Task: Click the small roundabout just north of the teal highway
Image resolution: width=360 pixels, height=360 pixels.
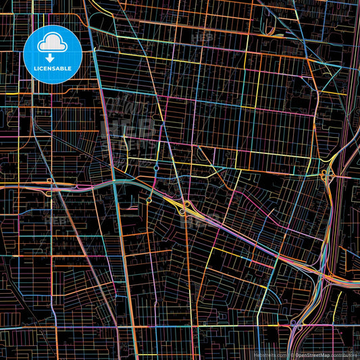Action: tap(156, 168)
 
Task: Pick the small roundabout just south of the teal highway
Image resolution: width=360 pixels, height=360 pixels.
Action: tap(148, 200)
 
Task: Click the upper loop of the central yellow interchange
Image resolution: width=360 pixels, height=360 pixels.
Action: tap(186, 204)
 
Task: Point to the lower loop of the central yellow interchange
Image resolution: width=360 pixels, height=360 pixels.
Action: tap(182, 211)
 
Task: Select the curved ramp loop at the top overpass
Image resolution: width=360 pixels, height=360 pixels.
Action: tap(269, 30)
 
